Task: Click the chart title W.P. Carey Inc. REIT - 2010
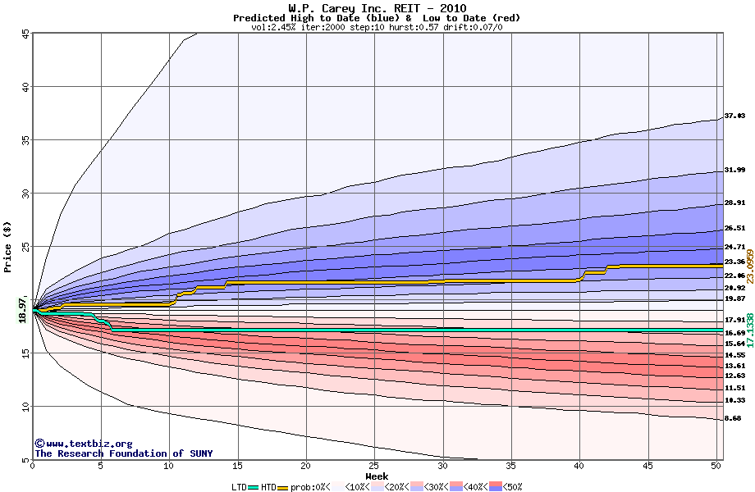click(377, 8)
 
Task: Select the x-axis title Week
click(377, 476)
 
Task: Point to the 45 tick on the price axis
click(25, 34)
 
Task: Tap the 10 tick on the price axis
click(25, 407)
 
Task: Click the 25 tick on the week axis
click(374, 466)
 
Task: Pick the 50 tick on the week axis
click(716, 466)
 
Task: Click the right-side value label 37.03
click(734, 116)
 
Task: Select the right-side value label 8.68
click(733, 418)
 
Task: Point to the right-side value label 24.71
click(734, 247)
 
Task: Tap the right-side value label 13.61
click(734, 366)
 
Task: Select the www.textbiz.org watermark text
click(83, 444)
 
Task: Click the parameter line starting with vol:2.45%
click(377, 27)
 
